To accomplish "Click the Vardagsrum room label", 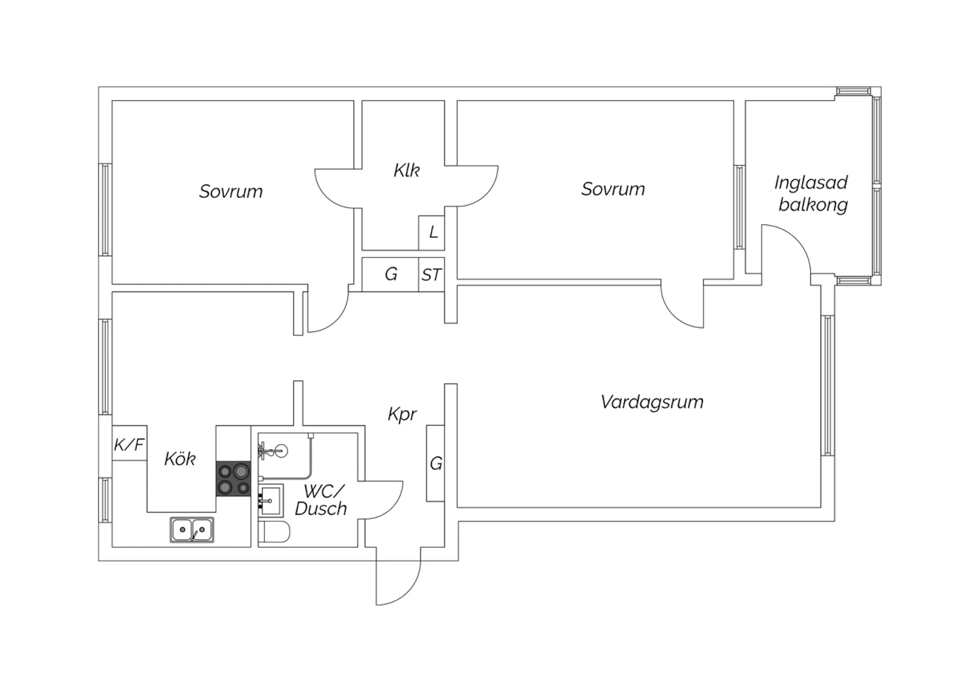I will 652,402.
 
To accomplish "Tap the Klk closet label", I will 406,171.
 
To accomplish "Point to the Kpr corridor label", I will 402,414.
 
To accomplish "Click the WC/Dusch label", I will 321,500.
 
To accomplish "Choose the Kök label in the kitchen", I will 179,459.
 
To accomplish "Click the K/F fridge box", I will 129,445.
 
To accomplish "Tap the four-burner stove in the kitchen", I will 234,479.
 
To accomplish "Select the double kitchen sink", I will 192,529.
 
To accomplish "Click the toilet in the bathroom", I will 274,533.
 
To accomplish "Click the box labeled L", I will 432,233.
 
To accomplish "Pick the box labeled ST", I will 431,275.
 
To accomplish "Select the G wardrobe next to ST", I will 390,274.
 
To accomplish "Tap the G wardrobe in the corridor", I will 435,463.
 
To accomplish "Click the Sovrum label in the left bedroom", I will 231,192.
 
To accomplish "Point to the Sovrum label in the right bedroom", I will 613,189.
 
